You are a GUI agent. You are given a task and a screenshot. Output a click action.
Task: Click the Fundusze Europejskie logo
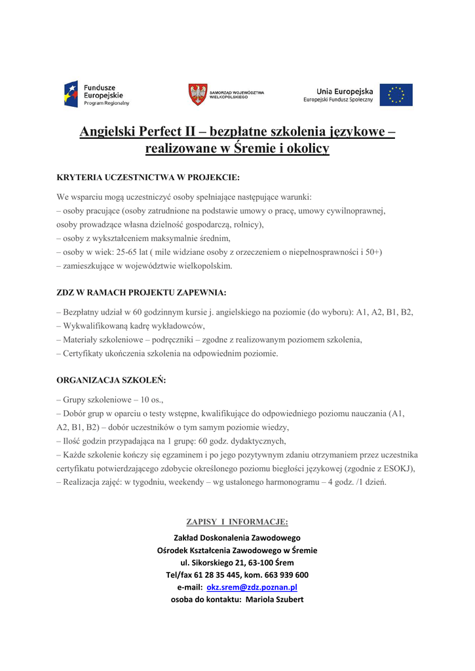pyautogui.click(x=96, y=94)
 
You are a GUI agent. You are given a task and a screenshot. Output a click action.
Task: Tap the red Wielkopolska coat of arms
pyautogui.click(x=197, y=94)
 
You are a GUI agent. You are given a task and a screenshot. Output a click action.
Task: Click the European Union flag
pyautogui.click(x=396, y=95)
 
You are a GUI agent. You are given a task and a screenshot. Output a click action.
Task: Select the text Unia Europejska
pyautogui.click(x=345, y=91)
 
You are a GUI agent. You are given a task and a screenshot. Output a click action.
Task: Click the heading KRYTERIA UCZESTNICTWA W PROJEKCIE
pyautogui.click(x=148, y=177)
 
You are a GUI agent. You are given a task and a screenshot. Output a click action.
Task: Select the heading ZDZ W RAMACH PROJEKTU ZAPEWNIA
pyautogui.click(x=142, y=292)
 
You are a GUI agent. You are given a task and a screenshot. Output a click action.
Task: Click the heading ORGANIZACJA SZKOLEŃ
pyautogui.click(x=111, y=379)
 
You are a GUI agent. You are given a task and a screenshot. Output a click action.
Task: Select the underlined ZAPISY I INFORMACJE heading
pyautogui.click(x=237, y=522)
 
